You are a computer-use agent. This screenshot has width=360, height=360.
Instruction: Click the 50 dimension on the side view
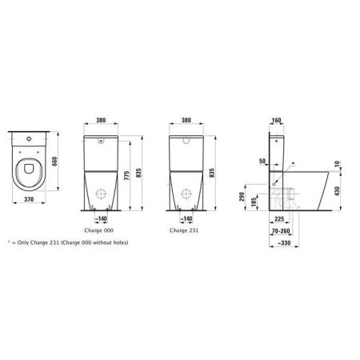pyautogui.click(x=263, y=162)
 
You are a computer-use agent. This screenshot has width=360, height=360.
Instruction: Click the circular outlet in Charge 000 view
pyautogui.click(x=102, y=193)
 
